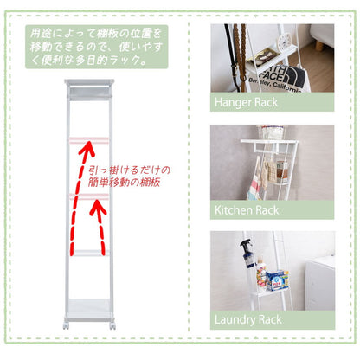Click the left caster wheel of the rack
(x=66, y=325)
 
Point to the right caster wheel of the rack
(x=112, y=325)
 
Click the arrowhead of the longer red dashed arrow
(x=87, y=148)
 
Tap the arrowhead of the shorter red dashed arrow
(x=98, y=208)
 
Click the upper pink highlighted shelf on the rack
(x=89, y=140)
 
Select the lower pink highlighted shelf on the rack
(x=89, y=196)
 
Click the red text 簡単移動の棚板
(x=124, y=183)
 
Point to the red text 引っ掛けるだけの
(x=129, y=170)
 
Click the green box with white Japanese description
(x=97, y=47)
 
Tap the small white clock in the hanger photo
(x=285, y=42)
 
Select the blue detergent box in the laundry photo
(x=277, y=280)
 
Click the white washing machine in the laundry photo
(x=319, y=283)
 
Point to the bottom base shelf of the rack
(x=89, y=310)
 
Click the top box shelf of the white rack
(x=89, y=89)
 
